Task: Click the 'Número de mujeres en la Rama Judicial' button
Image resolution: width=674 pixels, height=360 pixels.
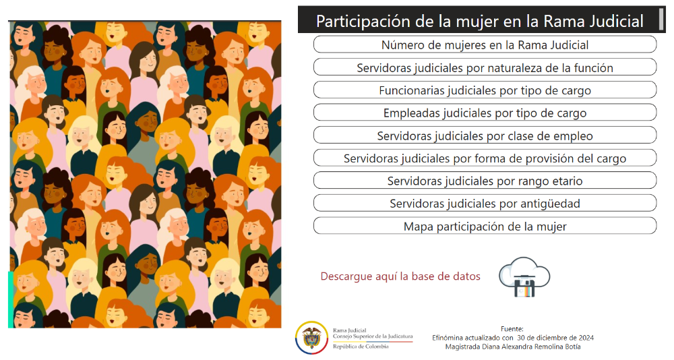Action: click(x=485, y=44)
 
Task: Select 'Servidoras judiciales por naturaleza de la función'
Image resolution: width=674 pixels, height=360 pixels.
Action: click(x=485, y=67)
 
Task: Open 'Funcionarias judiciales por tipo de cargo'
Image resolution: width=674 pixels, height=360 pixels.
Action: click(x=485, y=90)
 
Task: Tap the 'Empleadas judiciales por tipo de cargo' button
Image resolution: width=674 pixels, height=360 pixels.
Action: click(x=485, y=113)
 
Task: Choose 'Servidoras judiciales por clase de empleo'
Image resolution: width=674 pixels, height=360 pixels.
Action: click(x=485, y=136)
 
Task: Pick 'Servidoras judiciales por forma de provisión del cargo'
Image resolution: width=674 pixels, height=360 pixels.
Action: click(x=485, y=158)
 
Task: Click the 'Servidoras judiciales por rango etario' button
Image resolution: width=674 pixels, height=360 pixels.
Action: click(x=485, y=181)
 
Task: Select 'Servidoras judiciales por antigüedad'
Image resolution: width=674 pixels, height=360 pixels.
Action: click(x=485, y=204)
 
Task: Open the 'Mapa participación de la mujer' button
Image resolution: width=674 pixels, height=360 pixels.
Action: click(x=485, y=227)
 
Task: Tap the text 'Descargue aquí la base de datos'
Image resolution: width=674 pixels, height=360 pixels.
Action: click(x=400, y=276)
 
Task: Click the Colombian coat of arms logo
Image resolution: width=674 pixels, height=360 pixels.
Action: click(x=311, y=338)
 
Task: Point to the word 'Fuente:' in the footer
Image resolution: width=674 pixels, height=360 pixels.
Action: click(x=512, y=329)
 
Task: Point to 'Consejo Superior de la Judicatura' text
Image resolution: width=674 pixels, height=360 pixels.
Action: click(x=373, y=336)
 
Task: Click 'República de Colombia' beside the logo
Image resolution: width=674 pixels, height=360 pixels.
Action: click(x=361, y=347)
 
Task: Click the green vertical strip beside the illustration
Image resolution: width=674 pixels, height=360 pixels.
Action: click(x=11, y=299)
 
